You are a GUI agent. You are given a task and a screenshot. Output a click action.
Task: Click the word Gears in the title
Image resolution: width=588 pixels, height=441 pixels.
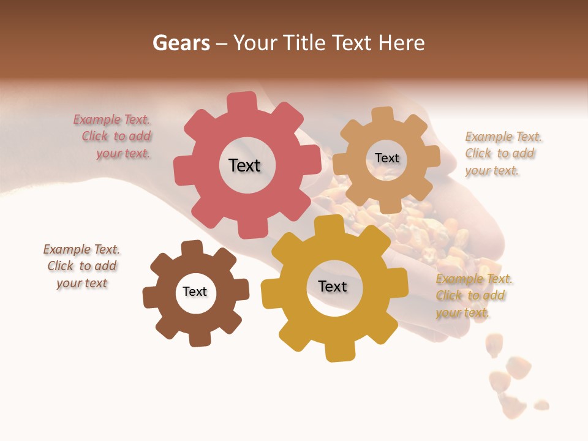point(181,43)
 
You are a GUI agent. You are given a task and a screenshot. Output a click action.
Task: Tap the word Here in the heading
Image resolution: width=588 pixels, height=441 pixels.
point(402,43)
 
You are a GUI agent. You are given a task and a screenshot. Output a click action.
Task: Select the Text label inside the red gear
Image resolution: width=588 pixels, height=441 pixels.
point(244,165)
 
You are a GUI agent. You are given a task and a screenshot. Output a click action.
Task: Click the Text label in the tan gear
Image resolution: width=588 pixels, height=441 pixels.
point(386,158)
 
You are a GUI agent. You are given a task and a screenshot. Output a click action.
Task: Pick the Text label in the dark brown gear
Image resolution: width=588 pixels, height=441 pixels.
point(195,292)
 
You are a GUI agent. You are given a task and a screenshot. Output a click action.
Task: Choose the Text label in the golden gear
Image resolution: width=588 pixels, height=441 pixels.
point(333,287)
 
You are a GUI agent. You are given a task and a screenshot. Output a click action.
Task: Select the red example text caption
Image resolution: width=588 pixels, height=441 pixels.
point(113,137)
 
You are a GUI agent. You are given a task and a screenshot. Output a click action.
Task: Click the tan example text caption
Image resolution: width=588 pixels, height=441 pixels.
point(502,153)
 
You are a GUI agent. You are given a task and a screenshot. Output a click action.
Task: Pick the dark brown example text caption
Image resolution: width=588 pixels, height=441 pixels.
point(81,266)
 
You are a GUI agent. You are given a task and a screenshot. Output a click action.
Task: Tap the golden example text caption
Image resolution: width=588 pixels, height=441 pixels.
point(473,296)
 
